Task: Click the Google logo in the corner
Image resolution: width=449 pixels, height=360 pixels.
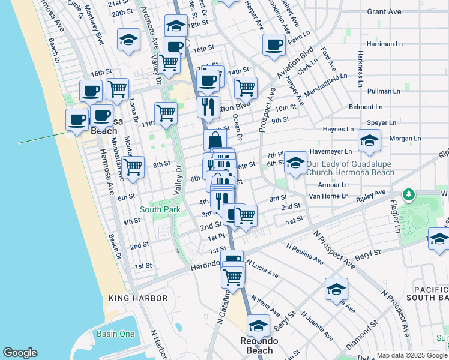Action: coord(20,353)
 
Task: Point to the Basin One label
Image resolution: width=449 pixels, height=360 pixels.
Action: coord(115,334)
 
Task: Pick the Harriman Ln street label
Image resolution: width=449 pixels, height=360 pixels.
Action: coord(384,44)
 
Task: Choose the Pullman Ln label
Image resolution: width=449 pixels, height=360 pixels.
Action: coord(384,91)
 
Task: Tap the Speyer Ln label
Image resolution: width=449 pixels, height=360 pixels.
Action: coord(381,122)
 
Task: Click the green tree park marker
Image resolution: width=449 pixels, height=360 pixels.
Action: coord(409,195)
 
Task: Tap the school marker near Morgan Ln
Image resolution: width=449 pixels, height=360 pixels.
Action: coord(369,142)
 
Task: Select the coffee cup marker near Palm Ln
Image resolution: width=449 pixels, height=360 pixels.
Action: coord(274,45)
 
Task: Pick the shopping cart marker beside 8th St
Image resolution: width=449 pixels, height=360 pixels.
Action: coord(133,167)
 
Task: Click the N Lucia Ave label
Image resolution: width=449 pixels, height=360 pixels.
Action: coord(262,268)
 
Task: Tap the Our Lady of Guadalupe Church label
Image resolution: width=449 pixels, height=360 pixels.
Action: coord(351,168)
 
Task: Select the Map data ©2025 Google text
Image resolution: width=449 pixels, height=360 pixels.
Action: coord(412,355)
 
